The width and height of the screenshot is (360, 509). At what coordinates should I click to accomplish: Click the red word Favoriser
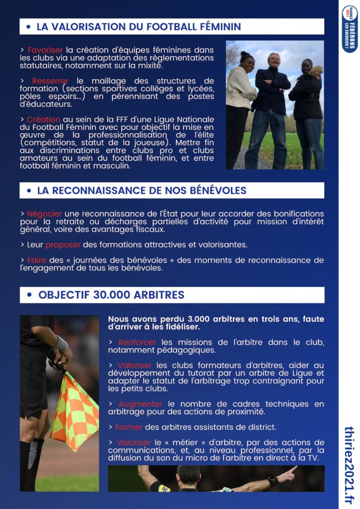point(45,50)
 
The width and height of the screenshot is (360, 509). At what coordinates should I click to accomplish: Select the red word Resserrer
point(50,81)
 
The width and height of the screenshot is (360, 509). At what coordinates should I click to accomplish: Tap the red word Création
point(43,120)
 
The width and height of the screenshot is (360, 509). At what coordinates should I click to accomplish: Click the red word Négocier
point(44,214)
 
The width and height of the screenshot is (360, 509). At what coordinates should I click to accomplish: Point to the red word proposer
point(63,245)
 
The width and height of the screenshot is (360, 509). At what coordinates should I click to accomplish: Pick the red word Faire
point(37,260)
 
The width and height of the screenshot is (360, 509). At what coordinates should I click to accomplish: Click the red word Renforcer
point(137,343)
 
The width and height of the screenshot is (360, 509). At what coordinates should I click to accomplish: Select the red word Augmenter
point(140,404)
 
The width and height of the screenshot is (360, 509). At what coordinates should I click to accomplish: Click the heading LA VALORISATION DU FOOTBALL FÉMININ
point(139,27)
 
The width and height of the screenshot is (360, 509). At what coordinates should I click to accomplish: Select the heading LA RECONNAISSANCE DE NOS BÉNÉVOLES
point(142,191)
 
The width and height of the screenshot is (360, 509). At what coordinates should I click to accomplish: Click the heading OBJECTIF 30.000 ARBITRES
point(111,295)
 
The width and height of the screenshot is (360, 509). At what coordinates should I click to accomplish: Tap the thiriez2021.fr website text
point(349,465)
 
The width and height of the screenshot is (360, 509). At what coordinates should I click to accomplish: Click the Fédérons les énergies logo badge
point(350,29)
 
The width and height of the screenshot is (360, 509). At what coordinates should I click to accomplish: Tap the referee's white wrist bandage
point(61,344)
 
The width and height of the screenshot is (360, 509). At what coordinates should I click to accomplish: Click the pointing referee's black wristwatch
point(273,481)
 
